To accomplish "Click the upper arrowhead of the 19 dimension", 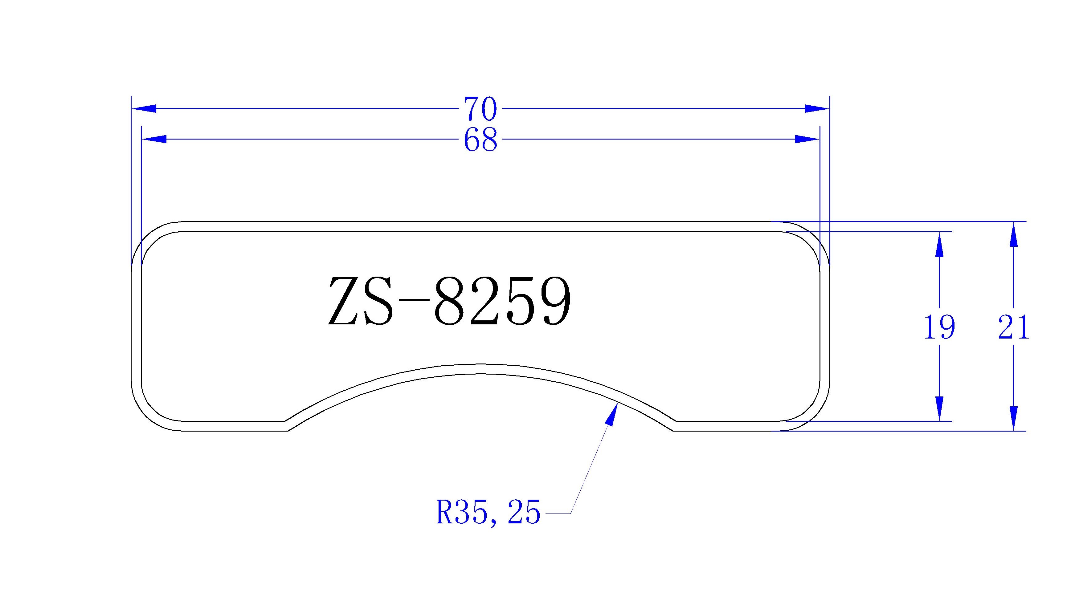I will coord(939,244).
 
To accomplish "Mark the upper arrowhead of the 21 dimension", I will coord(1014,234).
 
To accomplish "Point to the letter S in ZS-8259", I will coord(379,301).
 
